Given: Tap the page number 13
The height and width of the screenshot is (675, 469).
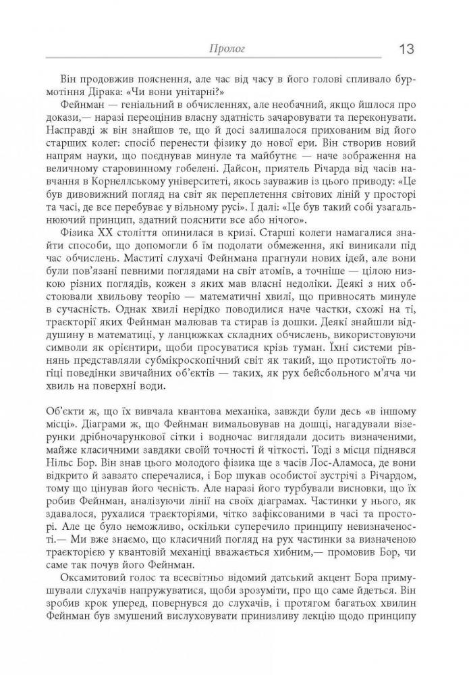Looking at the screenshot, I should pos(406,49).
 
